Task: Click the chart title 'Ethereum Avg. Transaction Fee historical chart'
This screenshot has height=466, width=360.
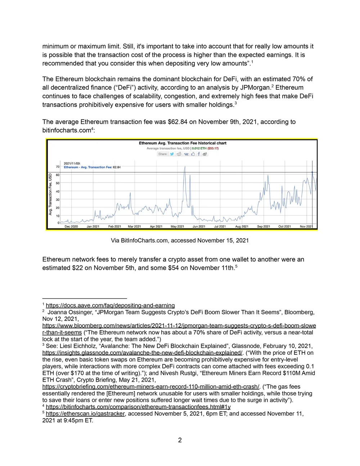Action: click(x=183, y=143)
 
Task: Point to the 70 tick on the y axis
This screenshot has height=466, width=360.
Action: click(x=58, y=167)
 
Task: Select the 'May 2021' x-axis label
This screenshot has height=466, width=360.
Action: click(x=177, y=227)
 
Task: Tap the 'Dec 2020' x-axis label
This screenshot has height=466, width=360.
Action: click(x=71, y=227)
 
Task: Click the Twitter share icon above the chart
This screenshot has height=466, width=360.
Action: click(x=172, y=154)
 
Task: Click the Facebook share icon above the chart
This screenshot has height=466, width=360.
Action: click(x=199, y=154)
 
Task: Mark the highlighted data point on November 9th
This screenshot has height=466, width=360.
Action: click(x=312, y=172)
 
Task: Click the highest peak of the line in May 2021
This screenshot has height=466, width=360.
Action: click(x=185, y=166)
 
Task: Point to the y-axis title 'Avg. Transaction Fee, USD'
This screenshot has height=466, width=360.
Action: click(x=51, y=194)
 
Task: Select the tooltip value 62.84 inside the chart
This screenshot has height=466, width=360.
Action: click(x=117, y=167)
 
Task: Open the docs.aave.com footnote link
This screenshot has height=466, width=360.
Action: click(x=110, y=305)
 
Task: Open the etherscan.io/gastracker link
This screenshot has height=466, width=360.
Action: click(x=85, y=414)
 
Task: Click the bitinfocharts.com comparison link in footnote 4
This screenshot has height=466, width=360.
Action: click(x=138, y=407)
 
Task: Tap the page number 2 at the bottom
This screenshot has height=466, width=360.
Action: click(x=180, y=440)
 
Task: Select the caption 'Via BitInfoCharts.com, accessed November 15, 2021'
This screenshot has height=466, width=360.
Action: click(x=180, y=240)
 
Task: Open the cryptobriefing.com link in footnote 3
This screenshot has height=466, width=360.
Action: click(x=151, y=387)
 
